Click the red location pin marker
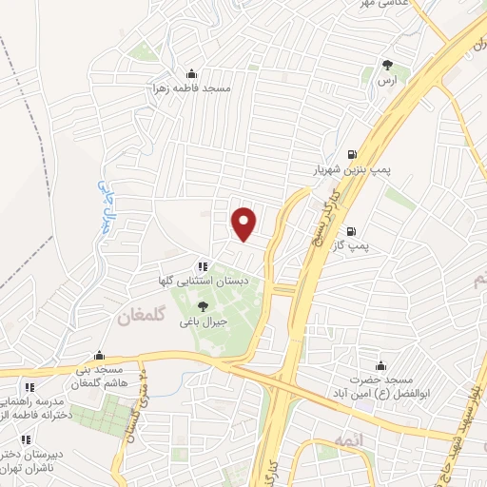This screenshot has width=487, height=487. click(244, 223)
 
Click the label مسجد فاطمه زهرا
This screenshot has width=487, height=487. click(196, 88)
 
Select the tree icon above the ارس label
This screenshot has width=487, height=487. click(387, 66)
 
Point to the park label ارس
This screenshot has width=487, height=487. click(387, 82)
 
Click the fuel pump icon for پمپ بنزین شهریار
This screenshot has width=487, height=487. click(353, 154)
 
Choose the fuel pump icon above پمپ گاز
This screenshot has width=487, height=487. click(352, 231)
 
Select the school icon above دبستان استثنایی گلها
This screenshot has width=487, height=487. click(202, 267)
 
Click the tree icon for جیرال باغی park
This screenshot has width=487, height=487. click(202, 306)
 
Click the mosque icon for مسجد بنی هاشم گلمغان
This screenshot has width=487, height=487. click(99, 355)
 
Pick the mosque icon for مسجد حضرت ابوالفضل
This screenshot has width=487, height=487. click(381, 366)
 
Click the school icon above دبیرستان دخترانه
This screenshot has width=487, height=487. click(26, 439)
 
